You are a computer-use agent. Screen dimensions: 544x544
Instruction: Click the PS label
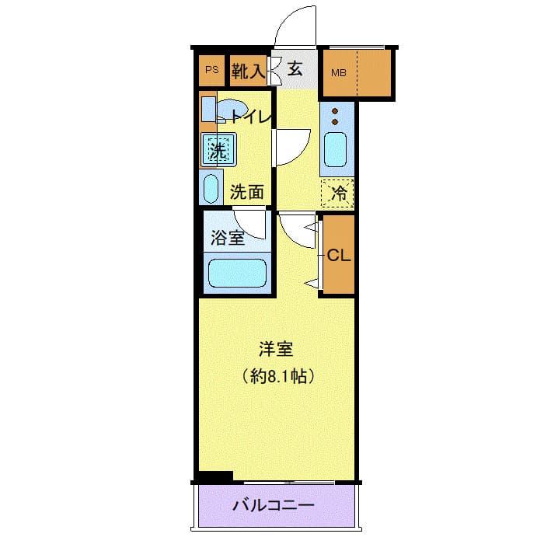(211, 71)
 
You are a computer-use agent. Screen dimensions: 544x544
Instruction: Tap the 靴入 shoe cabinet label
(249, 71)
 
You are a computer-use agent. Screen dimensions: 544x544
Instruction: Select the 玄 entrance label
(295, 69)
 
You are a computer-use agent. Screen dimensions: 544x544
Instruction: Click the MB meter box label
(339, 74)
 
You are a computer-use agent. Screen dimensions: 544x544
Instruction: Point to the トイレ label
(250, 117)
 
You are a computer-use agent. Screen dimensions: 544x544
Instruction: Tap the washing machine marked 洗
(218, 148)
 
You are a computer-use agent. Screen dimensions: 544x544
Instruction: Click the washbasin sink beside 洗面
(211, 188)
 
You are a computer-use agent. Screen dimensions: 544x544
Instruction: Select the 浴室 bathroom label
(227, 238)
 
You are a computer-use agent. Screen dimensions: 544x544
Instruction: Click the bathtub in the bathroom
(237, 274)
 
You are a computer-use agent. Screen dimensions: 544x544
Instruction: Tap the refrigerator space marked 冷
(338, 194)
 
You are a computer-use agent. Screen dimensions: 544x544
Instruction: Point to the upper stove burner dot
(336, 110)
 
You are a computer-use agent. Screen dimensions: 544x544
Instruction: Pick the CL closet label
(337, 255)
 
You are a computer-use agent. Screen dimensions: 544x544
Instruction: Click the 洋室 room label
(276, 350)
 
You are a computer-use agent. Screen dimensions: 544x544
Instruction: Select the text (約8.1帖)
(277, 378)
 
